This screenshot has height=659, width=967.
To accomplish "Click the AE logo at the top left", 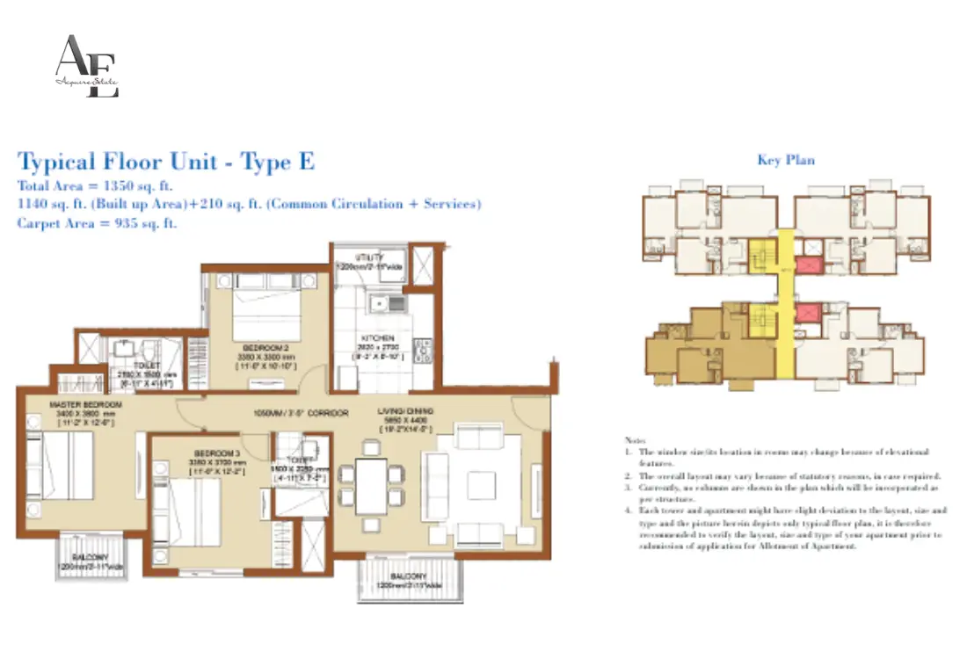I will tap(86, 67).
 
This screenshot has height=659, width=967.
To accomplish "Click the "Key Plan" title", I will tap(785, 160).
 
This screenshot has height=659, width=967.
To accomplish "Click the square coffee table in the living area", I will tap(480, 485).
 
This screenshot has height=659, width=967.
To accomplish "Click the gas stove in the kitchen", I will tap(423, 352).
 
